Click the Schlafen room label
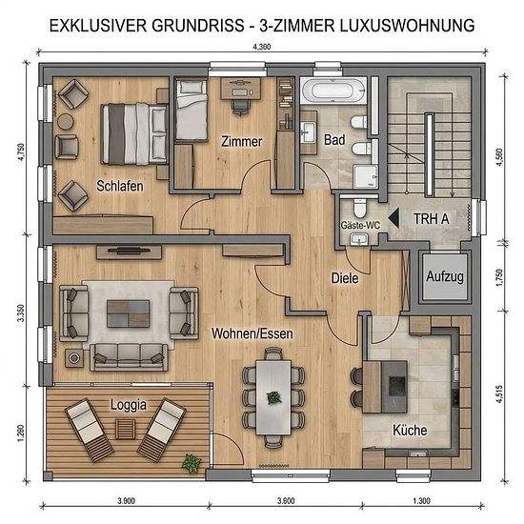pos(120,186)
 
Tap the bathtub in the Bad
pos(333,91)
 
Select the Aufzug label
pos(445,276)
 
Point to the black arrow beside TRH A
pos(394,218)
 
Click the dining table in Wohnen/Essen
pos(273,397)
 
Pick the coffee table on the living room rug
pos(128,313)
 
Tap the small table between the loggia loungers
pos(126,430)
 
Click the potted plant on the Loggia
pos(191,464)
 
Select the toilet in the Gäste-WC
pos(359,208)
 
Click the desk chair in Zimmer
pos(240,107)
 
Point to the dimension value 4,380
pos(262,47)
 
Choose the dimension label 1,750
pos(499,277)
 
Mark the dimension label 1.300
pos(421,500)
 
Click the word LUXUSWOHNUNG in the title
pos(408,26)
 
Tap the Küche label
pos(410,430)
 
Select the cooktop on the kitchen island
pos(397,382)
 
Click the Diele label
pos(345,278)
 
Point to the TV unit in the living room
pos(129,252)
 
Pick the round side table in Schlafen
pos(65,122)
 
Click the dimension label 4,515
pos(499,393)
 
